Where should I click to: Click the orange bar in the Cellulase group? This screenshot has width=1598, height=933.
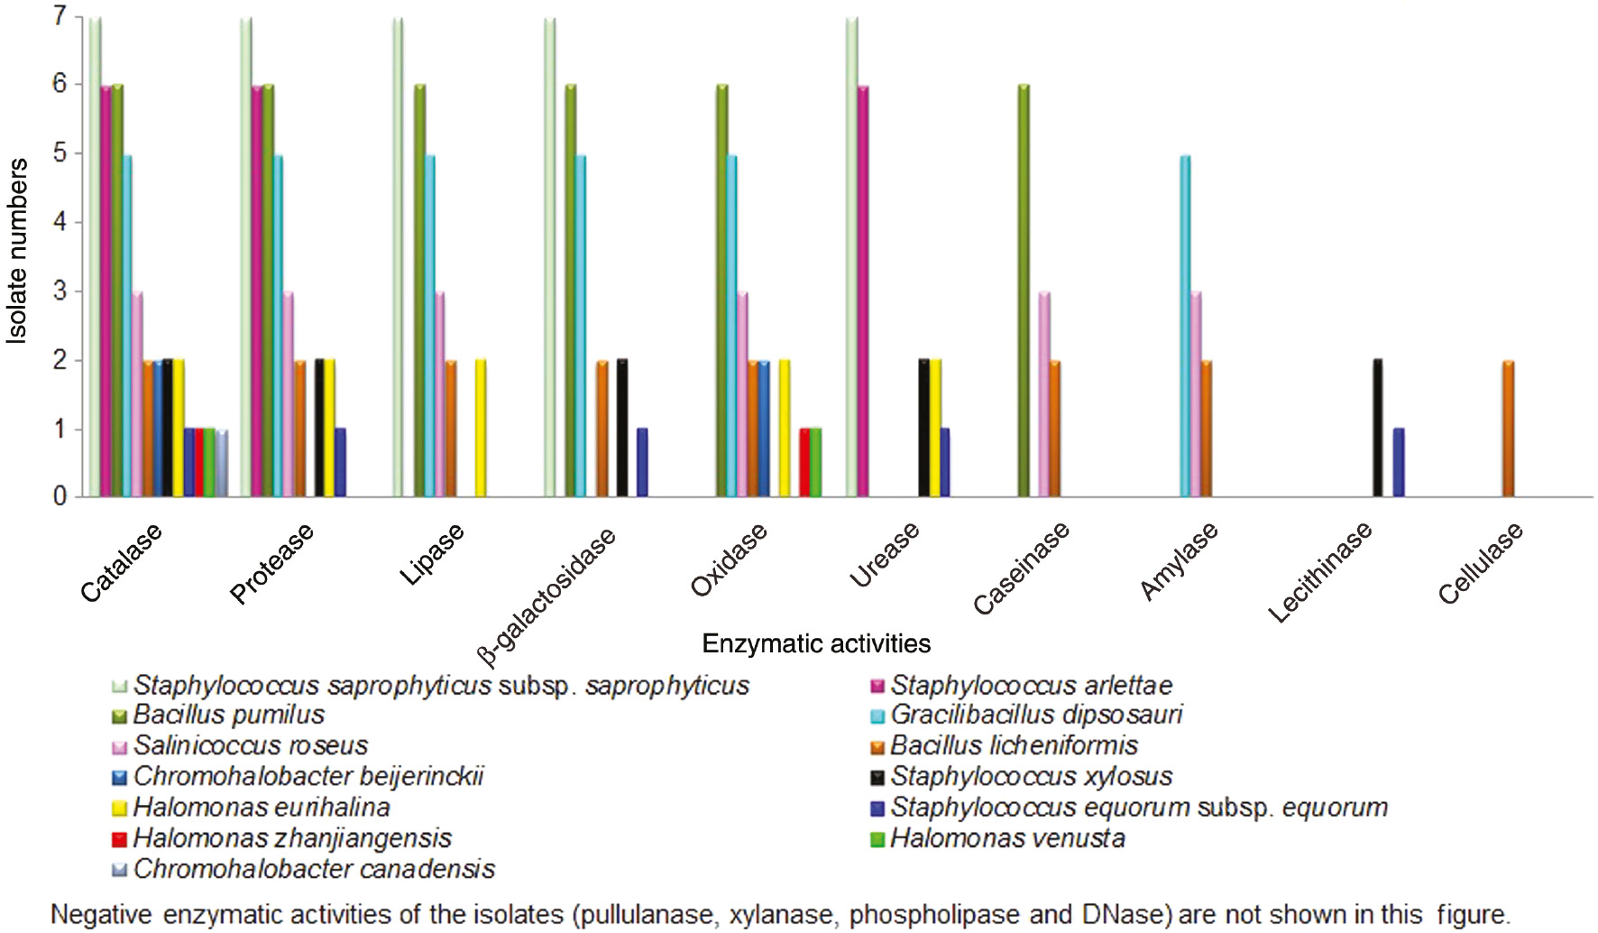pyautogui.click(x=1508, y=429)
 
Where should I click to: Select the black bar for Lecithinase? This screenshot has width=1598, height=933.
pyautogui.click(x=1377, y=429)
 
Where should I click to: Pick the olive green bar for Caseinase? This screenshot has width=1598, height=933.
pyautogui.click(x=1024, y=291)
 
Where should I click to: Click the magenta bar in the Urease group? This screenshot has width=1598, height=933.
pyautogui.click(x=863, y=291)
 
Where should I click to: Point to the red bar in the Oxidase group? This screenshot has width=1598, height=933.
pyautogui.click(x=805, y=462)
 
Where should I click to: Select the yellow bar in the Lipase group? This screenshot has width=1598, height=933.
pyautogui.click(x=481, y=429)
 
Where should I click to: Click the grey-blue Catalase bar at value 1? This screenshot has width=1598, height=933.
pyautogui.click(x=222, y=463)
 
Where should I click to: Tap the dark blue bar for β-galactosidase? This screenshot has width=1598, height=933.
pyautogui.click(x=642, y=462)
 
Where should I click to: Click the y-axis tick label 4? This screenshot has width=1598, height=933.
pyautogui.click(x=60, y=221)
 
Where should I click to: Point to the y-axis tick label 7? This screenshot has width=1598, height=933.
pyautogui.click(x=60, y=16)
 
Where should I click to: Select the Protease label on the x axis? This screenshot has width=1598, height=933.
pyautogui.click(x=271, y=563)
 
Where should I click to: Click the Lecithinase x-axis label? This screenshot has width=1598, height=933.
pyautogui.click(x=1320, y=572)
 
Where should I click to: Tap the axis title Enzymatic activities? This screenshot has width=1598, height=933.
pyautogui.click(x=816, y=643)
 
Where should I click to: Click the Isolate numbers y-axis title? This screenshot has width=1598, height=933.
pyautogui.click(x=18, y=251)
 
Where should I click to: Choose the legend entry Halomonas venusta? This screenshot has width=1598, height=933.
pyautogui.click(x=1007, y=838)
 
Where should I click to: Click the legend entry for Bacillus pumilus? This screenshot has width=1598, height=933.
pyautogui.click(x=229, y=715)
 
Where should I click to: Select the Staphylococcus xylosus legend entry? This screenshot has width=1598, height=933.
pyautogui.click(x=1032, y=776)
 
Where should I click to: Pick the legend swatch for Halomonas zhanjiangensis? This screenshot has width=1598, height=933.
pyautogui.click(x=119, y=839)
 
